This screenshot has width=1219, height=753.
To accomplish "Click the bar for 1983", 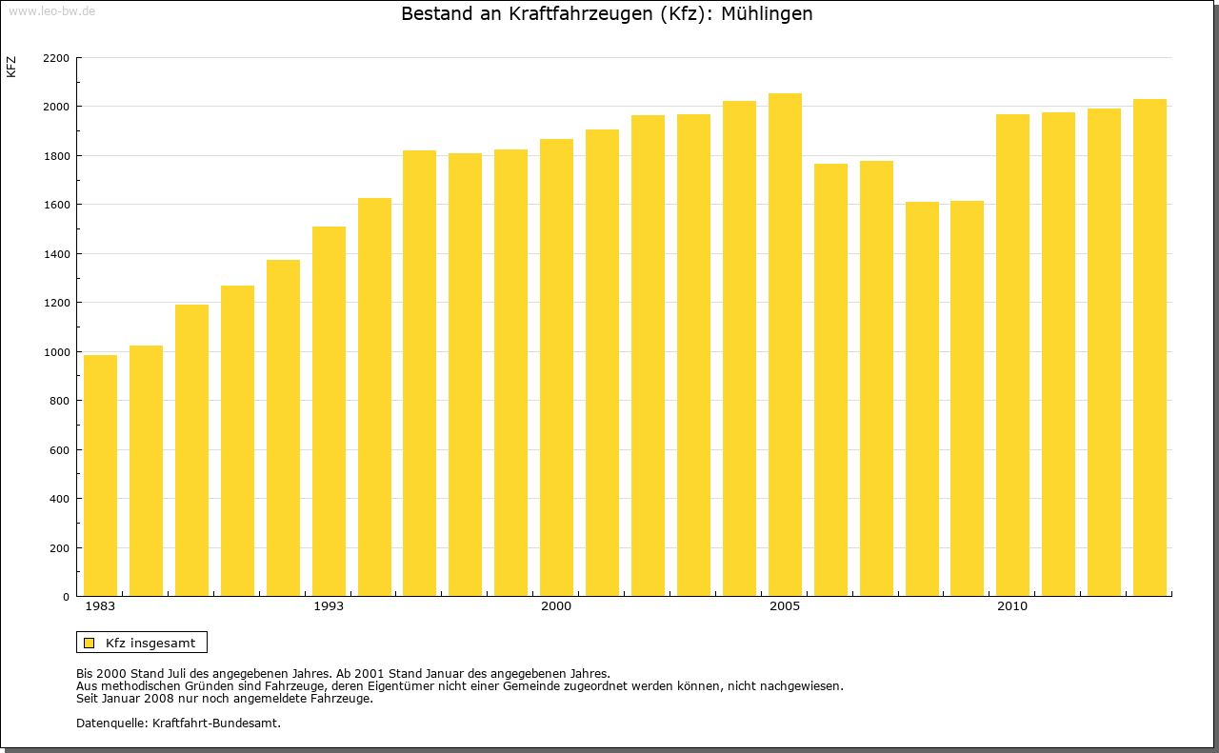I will tap(100, 476).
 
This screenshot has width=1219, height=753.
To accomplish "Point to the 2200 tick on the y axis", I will tap(56, 58).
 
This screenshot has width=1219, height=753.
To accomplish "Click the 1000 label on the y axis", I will tap(56, 352).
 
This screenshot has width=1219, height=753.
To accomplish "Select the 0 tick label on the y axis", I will tap(66, 597).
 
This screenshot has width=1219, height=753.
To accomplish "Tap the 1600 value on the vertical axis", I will tap(56, 205).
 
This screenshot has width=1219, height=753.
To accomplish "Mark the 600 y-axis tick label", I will tap(60, 450).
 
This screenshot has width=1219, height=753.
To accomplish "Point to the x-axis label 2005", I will tap(785, 606).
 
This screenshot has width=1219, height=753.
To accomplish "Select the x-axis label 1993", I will tap(329, 606).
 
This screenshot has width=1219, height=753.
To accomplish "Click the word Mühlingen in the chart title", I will tap(767, 14).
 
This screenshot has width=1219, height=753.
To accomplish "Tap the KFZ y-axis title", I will tap(11, 67).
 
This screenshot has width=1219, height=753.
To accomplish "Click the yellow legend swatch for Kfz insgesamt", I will tap(89, 643).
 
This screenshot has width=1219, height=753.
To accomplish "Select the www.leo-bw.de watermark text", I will tap(51, 10).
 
